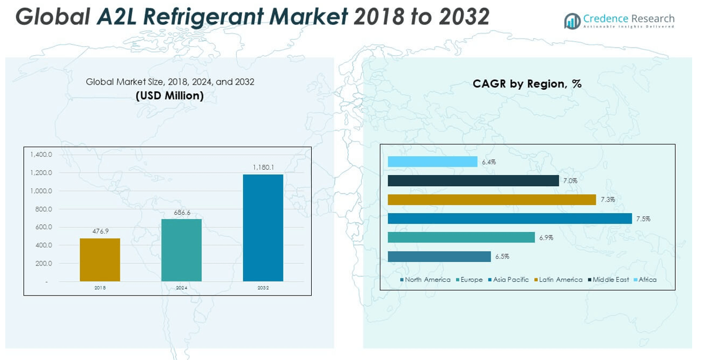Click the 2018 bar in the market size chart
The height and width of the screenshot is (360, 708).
[x=100, y=260]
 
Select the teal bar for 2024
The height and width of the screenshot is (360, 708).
[x=181, y=250]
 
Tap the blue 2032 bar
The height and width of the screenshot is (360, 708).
[x=263, y=228]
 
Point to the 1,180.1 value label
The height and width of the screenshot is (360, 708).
[x=263, y=167]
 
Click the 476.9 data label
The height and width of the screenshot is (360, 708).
[x=100, y=231]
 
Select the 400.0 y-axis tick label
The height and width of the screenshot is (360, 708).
[x=43, y=245]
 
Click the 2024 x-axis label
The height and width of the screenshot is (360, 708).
[x=181, y=288]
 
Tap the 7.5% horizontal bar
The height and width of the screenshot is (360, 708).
[x=510, y=218]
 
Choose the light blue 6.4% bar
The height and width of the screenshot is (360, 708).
[x=433, y=162]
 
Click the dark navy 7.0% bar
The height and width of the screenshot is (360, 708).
[x=473, y=180]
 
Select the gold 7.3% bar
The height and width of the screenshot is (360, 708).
[x=492, y=200]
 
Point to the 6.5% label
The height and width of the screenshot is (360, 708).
[x=502, y=257]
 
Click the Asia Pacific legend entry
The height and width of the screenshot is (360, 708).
[x=508, y=280]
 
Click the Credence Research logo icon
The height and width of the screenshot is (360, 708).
[x=572, y=21]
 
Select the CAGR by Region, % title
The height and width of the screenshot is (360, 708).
[x=527, y=83]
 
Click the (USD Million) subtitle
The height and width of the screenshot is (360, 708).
[x=170, y=95]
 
